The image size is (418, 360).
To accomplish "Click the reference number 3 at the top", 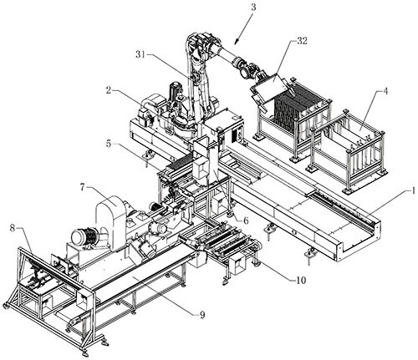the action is (253, 7).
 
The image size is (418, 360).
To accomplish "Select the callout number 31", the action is (141, 54).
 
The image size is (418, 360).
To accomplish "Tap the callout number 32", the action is (302, 41).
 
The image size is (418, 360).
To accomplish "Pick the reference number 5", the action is (109, 144).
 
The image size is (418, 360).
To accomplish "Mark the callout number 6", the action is (246, 221).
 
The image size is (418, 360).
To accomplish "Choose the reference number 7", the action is (83, 187).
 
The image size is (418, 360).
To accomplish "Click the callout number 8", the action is (13, 228).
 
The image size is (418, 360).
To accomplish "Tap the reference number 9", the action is (202, 314).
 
